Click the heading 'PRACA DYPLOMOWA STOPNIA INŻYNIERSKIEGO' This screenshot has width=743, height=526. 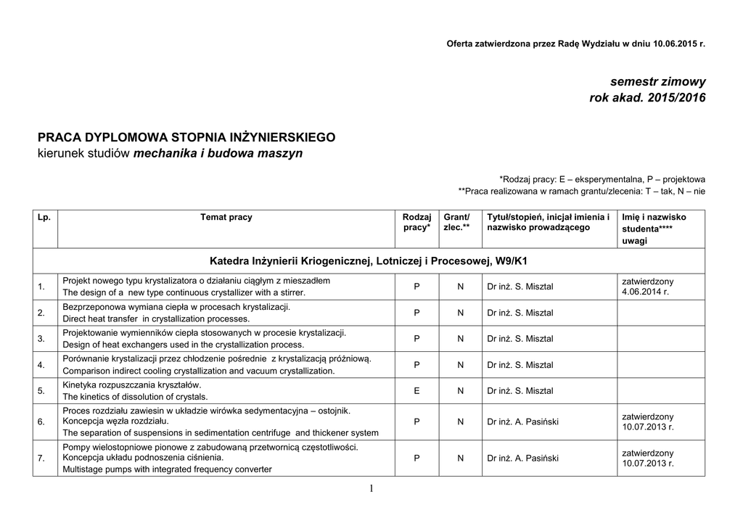(186, 137)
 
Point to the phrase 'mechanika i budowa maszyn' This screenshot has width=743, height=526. (218, 154)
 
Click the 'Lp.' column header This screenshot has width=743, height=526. (44, 217)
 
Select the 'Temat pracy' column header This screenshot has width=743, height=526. (226, 217)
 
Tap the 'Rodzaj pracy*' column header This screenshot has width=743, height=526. (416, 222)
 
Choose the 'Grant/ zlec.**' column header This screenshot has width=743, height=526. (457, 222)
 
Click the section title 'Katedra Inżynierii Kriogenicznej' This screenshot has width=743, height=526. (370, 260)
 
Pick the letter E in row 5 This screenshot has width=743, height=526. (416, 391)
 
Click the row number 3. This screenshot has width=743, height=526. (41, 339)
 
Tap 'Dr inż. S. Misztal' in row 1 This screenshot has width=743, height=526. (520, 287)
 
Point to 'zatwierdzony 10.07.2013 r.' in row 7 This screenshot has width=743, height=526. (648, 458)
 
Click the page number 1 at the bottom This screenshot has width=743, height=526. (371, 489)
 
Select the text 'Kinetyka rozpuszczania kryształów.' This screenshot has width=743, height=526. (132, 385)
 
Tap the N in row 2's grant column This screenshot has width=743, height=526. (461, 313)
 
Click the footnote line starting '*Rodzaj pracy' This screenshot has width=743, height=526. (602, 178)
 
